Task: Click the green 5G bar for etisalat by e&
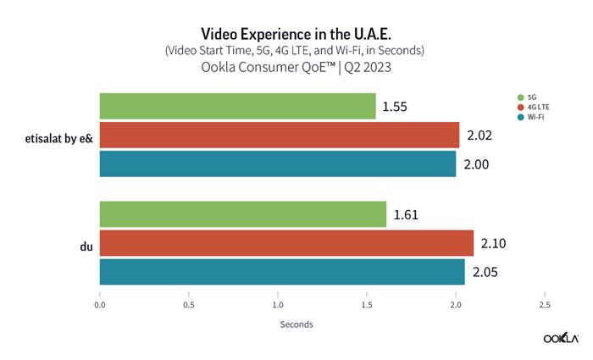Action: [237, 107]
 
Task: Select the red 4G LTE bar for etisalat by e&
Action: [280, 135]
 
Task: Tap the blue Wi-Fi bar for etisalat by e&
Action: [278, 163]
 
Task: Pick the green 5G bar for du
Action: [243, 215]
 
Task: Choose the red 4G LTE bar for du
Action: [286, 243]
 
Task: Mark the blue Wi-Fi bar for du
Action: [282, 272]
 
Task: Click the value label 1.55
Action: [396, 108]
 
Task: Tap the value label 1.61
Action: [407, 216]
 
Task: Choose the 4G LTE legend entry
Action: [534, 108]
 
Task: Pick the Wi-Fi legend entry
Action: [531, 118]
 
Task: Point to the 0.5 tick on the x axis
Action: [189, 303]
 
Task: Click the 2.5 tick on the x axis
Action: [544, 303]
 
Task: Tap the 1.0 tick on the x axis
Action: [278, 303]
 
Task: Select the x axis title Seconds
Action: [296, 324]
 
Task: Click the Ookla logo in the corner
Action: [560, 338]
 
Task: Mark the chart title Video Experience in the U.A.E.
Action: [296, 32]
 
